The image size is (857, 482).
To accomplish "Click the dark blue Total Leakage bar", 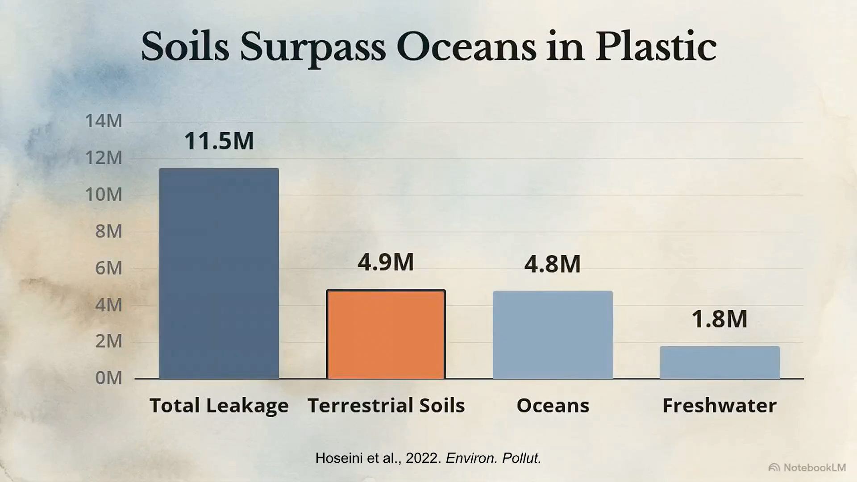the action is pos(219,274).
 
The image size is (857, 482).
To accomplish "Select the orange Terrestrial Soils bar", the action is pos(386,334).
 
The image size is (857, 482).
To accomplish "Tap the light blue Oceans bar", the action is pos(553,335).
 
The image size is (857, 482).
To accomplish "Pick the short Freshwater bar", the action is pos(720,362).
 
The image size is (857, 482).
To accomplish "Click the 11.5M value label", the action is pos(219,141).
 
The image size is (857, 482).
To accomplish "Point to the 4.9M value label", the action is pos(386,262).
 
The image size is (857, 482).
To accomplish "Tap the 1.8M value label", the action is pos(719,319).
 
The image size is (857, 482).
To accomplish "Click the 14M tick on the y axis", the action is pos(104,121).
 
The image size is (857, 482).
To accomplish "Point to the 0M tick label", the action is pos(108,378).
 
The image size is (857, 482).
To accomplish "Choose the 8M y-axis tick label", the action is pos(108,231).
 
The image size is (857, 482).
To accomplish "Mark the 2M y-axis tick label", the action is pos(108,341).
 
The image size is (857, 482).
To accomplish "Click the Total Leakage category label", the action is pos(219,406).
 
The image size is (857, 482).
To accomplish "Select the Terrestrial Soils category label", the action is pos(386,405).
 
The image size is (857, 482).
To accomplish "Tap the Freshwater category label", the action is pos(720,405).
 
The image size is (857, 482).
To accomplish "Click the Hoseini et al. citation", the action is pos(428,458).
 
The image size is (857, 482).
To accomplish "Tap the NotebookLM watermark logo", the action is pos(774,468).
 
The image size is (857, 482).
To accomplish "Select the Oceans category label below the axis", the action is pos(553,405).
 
